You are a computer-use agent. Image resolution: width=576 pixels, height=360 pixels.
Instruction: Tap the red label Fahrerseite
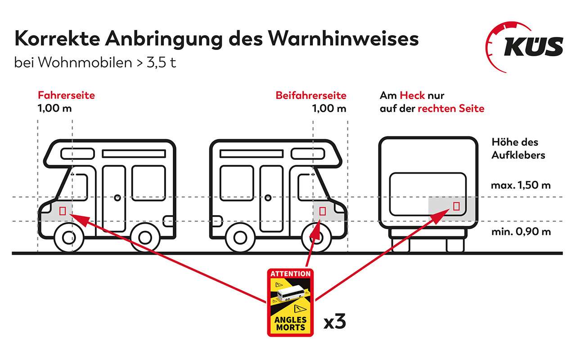tap(66, 95)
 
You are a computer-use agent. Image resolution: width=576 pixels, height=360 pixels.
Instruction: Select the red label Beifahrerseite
tap(311, 95)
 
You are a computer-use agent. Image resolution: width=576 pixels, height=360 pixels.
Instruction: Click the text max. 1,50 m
tap(521, 185)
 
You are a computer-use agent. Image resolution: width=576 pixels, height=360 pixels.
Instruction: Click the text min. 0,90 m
tap(521, 232)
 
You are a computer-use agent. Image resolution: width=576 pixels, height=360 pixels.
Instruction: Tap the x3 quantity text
tap(335, 323)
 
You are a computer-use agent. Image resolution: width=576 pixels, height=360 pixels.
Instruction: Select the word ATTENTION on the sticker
tap(290, 273)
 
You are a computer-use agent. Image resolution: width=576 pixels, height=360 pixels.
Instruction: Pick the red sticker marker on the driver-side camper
tap(63, 210)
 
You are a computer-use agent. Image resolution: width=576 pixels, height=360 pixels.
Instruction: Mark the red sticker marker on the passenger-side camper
tap(322, 210)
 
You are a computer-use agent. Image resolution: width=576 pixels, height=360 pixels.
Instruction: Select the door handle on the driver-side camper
tap(117, 197)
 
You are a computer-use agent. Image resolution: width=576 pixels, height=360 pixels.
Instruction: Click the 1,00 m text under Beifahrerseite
tap(329, 108)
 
